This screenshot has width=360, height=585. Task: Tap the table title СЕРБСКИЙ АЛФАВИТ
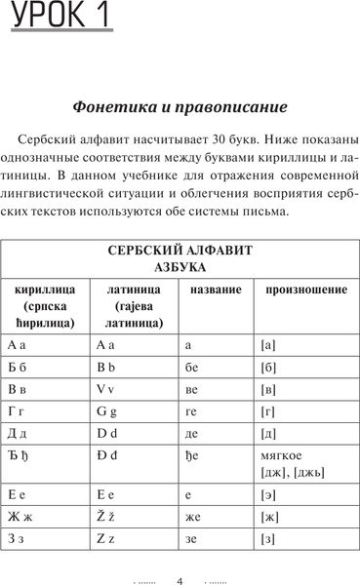(x=180, y=251)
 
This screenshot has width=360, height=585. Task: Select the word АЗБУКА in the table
(x=180, y=267)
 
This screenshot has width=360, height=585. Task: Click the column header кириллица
(x=45, y=291)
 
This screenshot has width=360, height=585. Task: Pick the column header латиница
(x=134, y=291)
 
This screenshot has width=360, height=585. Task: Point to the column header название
(x=216, y=291)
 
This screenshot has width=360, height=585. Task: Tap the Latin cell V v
(x=106, y=391)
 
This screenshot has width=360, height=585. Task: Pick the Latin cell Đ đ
(x=107, y=460)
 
